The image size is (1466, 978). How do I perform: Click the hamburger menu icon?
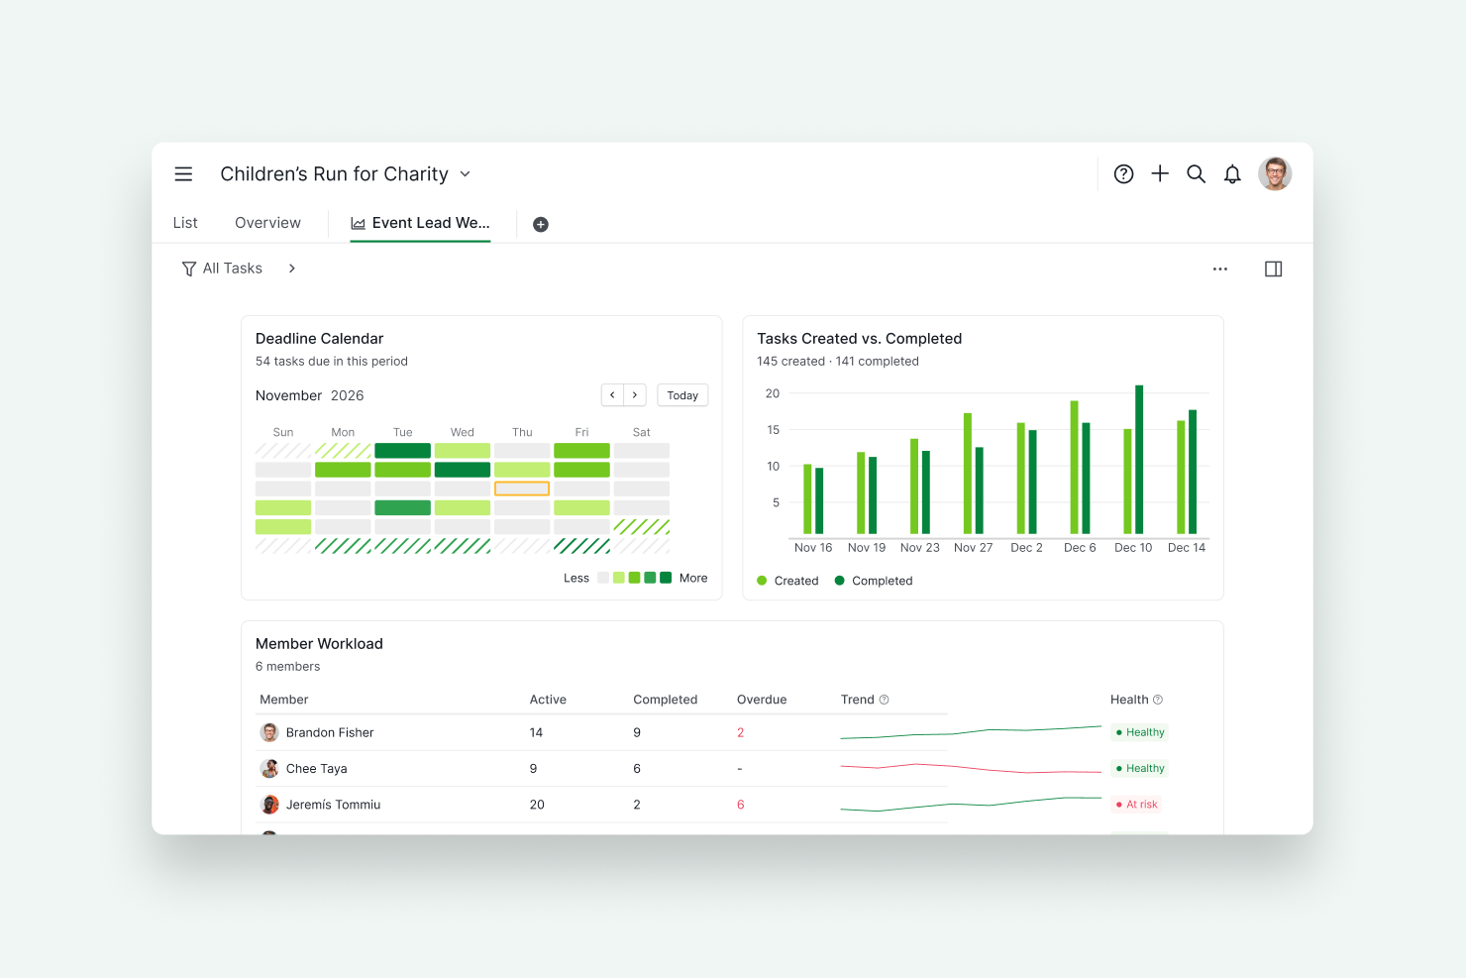tap(183, 174)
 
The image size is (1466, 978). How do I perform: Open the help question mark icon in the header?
tap(1123, 174)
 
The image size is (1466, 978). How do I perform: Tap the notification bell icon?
tap(1231, 174)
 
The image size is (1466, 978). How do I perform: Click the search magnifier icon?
tap(1196, 174)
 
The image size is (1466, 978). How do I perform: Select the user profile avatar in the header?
tap(1274, 174)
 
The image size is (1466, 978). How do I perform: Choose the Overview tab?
tap(267, 223)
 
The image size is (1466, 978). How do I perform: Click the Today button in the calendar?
tap(681, 395)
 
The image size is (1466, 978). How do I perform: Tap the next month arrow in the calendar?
tap(635, 395)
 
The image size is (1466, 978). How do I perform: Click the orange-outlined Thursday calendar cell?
tap(522, 489)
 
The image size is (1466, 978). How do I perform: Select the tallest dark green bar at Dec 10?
tap(1139, 460)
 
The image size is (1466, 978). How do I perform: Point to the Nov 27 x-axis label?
tap(973, 548)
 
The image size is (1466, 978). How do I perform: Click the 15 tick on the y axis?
tap(773, 430)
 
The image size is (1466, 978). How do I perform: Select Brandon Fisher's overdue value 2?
tap(740, 732)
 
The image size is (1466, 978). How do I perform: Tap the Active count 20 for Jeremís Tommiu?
tap(537, 805)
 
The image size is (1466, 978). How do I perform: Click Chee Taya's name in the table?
tap(316, 769)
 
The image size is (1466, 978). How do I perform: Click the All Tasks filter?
tap(222, 269)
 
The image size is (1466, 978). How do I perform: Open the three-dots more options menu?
tap(1220, 270)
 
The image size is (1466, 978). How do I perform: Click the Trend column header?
tap(857, 700)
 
